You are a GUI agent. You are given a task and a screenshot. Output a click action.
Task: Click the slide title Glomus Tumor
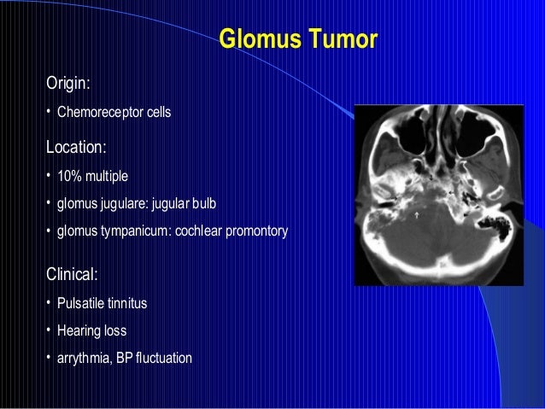pos(298,40)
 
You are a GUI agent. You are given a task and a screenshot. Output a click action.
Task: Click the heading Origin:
pos(68,84)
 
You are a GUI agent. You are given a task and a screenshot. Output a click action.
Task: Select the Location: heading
pos(76,147)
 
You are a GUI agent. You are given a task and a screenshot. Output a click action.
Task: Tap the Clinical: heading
pos(73,275)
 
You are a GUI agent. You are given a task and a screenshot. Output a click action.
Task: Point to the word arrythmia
pos(85,358)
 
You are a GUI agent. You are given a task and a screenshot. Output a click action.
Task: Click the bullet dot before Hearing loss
pos(49,330)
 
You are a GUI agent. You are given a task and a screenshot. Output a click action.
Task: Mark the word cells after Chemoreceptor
pos(159,112)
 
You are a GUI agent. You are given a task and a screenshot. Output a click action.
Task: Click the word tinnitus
pos(129,303)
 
